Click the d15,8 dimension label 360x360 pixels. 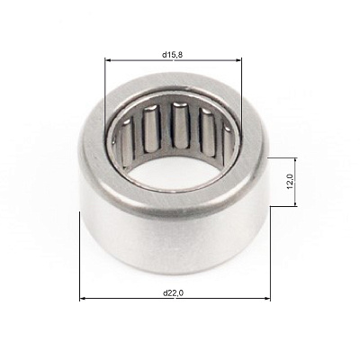coord(173,55)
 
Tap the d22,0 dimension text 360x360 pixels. coord(173,293)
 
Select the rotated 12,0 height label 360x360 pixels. coord(290,182)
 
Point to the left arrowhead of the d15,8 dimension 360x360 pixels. coord(108,60)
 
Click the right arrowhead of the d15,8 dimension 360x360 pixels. coord(238,60)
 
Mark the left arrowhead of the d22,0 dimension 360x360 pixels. coord(83,299)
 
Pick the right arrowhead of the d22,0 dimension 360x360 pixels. coord(267,299)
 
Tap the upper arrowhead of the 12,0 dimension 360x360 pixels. coord(295,161)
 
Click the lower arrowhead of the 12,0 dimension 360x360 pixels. coord(295,202)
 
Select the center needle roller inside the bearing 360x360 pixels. coord(181,125)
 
